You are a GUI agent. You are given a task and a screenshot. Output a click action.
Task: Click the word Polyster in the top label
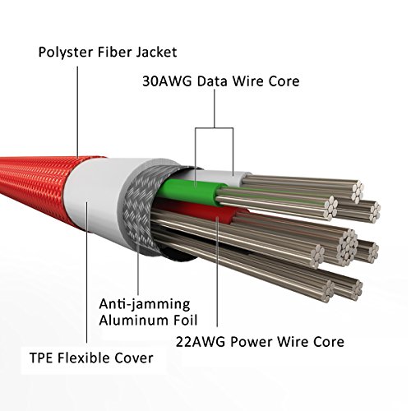click(66, 53)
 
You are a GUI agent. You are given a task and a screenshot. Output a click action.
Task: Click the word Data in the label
click(213, 81)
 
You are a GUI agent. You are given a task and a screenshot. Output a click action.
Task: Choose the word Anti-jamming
click(145, 304)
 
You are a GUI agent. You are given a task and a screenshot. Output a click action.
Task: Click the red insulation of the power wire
click(208, 214)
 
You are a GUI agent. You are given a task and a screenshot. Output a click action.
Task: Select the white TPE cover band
click(96, 197)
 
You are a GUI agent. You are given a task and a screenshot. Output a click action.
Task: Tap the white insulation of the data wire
click(219, 175)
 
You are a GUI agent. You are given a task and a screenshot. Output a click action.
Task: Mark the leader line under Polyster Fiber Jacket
click(77, 112)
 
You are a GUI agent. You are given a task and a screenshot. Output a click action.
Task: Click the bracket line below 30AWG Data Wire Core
click(215, 128)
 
